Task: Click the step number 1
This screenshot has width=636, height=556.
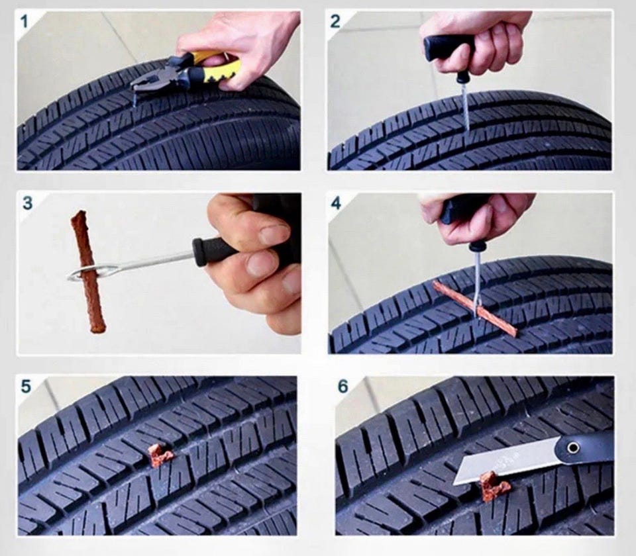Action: click(x=25, y=21)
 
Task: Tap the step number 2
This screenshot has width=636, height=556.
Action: click(x=335, y=21)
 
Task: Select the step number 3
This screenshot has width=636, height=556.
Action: click(x=27, y=203)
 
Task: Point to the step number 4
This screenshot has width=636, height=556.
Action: click(x=336, y=203)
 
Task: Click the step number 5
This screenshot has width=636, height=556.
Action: click(x=26, y=386)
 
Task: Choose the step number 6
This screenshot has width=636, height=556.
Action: click(x=343, y=386)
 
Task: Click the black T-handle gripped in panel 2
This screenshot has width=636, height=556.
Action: click(x=449, y=48)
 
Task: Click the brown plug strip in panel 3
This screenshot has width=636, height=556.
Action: click(x=88, y=271)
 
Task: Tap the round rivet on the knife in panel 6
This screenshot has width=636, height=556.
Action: click(x=572, y=447)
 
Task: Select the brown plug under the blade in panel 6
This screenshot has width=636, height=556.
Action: click(x=493, y=486)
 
